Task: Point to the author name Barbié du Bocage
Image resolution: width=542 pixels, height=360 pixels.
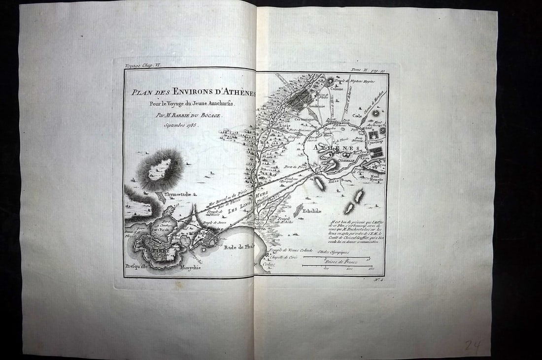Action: pos(190,115)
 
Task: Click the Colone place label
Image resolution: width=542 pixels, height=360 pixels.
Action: pos(337,89)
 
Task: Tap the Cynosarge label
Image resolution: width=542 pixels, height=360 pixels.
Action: pos(375,142)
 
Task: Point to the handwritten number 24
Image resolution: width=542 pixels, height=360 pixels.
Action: pos(473,346)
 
